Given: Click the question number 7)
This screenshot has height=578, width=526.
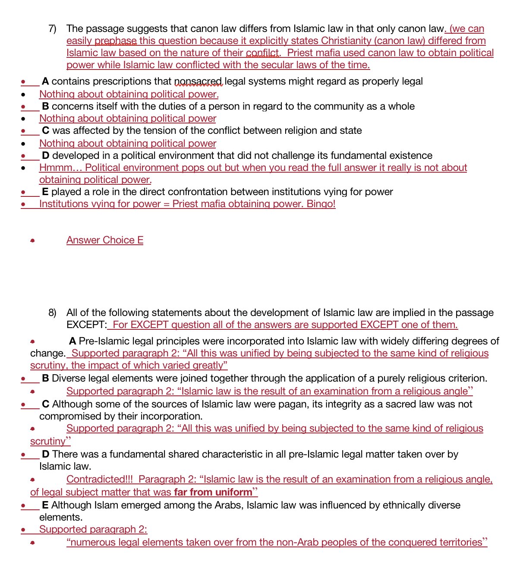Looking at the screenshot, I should (x=52, y=29).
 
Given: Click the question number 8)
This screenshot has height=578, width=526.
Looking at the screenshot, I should (x=52, y=313).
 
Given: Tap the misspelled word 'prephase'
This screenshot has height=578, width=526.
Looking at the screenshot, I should (x=115, y=41).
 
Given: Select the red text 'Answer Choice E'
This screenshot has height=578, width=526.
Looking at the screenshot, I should (x=105, y=240).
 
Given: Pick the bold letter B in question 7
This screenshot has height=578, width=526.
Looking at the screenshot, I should (x=45, y=107).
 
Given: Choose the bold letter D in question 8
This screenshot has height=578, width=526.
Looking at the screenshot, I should (x=45, y=455).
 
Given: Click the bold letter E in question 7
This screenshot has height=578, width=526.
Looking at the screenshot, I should (x=45, y=192).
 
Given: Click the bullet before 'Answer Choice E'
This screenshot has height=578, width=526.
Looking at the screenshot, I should (x=32, y=241).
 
